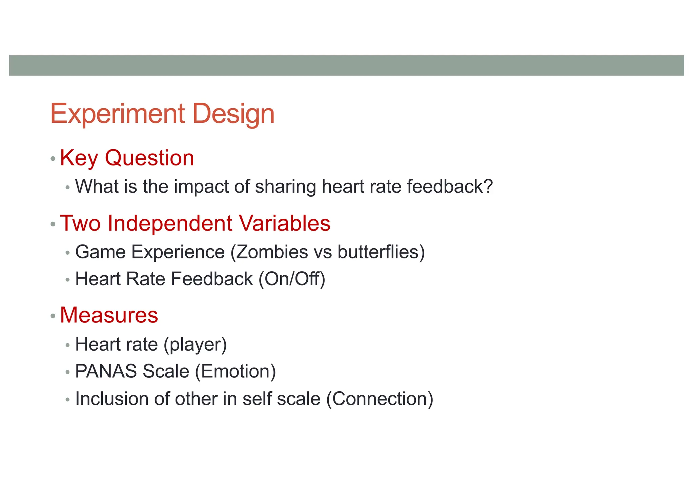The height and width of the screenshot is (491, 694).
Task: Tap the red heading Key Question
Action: [127, 158]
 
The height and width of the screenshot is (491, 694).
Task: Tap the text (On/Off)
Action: [292, 279]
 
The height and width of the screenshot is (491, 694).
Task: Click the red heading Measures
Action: [109, 315]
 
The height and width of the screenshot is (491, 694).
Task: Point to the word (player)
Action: [195, 345]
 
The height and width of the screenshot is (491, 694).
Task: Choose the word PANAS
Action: [106, 372]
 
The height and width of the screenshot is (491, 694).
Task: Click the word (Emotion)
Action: [236, 372]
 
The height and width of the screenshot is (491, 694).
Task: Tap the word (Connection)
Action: [379, 399]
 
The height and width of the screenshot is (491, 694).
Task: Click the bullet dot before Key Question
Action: [53, 159]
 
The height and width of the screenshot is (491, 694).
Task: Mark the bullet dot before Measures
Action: [53, 316]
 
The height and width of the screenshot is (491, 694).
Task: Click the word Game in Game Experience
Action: [100, 252]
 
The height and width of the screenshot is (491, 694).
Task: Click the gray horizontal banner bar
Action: [346, 65]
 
